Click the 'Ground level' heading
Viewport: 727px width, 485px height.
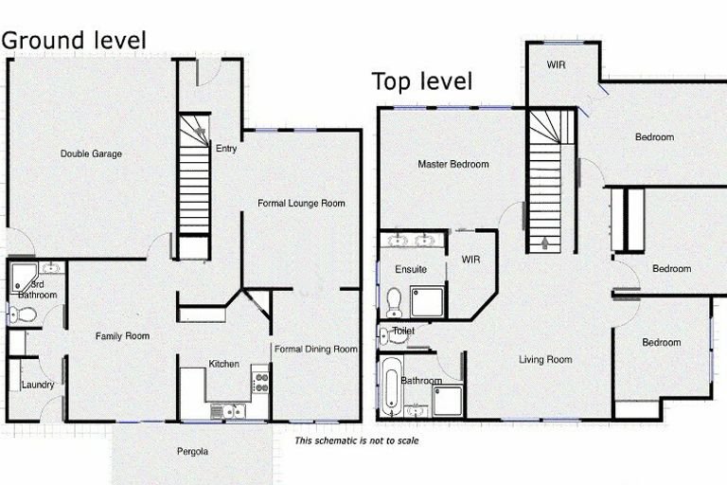[74, 41]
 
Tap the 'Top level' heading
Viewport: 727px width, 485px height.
[422, 81]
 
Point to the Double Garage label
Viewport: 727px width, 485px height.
[91, 153]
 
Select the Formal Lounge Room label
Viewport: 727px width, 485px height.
[301, 204]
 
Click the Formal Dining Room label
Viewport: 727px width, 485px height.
[316, 349]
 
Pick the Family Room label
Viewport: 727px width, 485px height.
[122, 336]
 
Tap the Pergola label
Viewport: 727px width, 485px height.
[192, 451]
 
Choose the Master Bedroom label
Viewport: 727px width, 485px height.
[453, 164]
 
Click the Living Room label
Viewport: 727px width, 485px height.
[545, 359]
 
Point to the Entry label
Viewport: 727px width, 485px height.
[226, 149]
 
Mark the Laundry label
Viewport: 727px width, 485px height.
[38, 385]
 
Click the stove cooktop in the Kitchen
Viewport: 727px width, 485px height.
[260, 381]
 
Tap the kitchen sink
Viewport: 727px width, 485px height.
[227, 411]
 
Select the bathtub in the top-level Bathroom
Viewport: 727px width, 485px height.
[392, 386]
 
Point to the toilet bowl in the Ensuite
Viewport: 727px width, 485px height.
[394, 302]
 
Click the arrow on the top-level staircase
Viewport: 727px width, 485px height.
[544, 243]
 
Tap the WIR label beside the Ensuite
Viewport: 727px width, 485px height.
[470, 260]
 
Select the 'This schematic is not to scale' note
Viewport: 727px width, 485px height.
[357, 440]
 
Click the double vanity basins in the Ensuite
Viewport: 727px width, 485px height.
[411, 241]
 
